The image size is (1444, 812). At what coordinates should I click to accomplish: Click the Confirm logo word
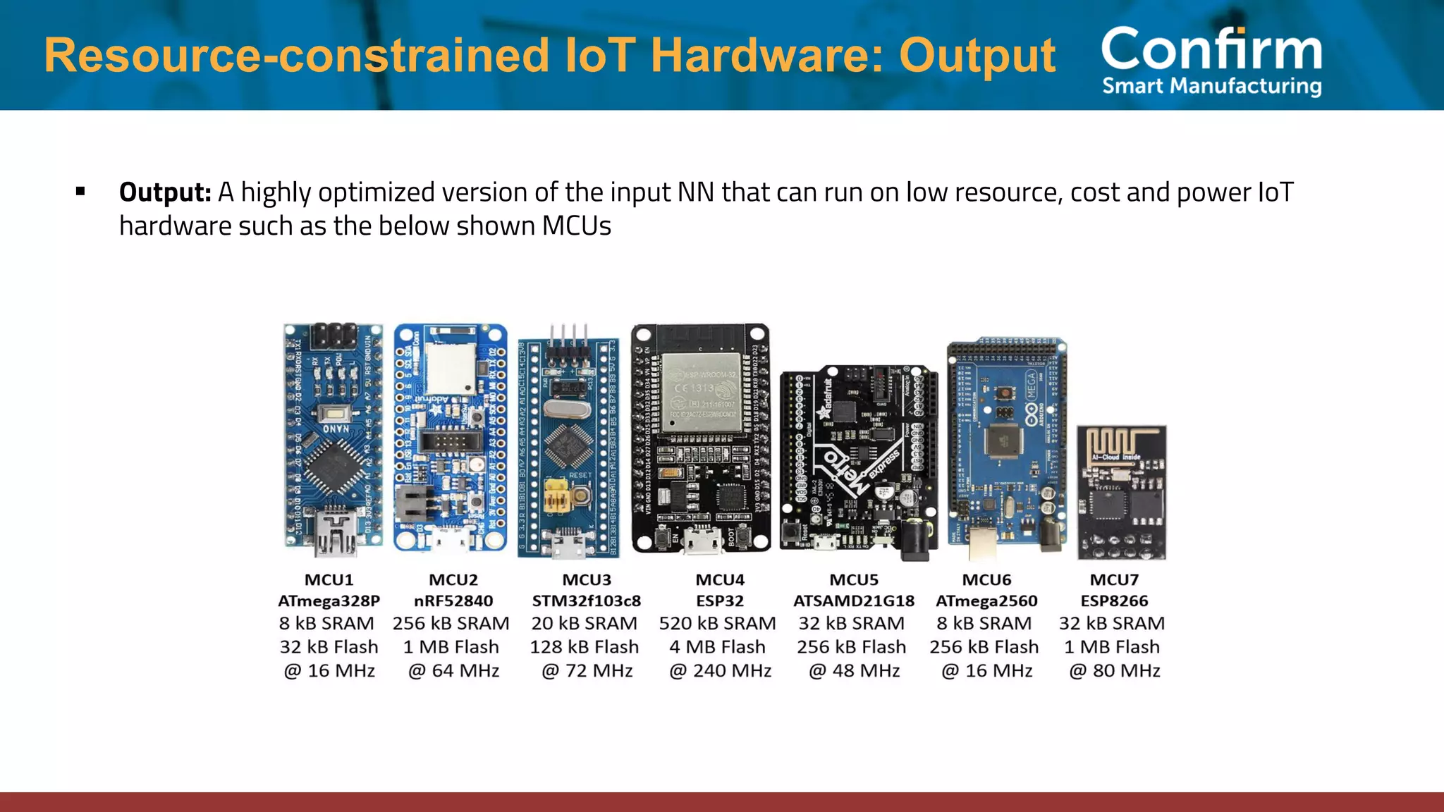1211,49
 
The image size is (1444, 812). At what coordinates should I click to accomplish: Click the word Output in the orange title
977,55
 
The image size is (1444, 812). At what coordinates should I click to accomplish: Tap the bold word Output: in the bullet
165,192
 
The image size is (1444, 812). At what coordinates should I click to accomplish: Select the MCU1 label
329,580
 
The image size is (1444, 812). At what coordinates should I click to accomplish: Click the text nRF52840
453,601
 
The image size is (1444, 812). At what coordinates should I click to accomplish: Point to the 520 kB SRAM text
717,624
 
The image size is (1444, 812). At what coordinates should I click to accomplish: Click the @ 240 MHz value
720,670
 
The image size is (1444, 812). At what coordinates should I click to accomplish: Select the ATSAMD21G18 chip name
853,601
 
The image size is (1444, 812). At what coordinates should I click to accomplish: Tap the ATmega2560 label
986,601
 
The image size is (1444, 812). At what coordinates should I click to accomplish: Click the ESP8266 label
1114,601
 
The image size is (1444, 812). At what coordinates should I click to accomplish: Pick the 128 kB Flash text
585,647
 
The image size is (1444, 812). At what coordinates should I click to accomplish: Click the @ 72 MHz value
587,670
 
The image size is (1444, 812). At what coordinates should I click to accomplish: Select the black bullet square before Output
80,191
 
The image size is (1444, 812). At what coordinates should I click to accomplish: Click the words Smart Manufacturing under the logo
1211,86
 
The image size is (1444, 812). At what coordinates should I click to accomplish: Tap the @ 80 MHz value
1114,670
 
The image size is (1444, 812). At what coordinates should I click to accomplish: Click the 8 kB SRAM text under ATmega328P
326,624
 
